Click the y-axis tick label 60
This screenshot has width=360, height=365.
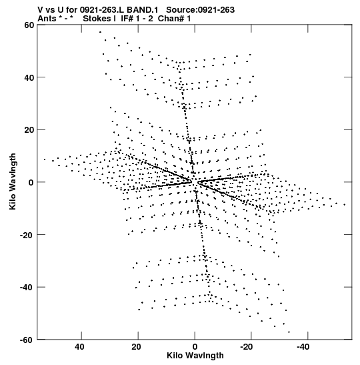[29, 25]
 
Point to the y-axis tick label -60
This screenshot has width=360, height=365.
[27, 340]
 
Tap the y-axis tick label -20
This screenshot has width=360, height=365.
[27, 235]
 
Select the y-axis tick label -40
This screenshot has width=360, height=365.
[27, 287]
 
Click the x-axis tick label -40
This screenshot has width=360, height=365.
[303, 347]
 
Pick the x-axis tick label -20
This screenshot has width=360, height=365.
[246, 347]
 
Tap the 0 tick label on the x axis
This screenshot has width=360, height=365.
[195, 347]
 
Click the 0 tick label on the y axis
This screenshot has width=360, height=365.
[31, 182]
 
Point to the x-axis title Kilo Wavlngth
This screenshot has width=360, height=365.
[195, 356]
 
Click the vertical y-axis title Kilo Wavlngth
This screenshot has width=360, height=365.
[13, 181]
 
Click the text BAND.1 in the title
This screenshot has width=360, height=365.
[143, 10]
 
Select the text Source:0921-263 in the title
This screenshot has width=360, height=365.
[200, 10]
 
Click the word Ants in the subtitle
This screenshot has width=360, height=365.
[47, 19]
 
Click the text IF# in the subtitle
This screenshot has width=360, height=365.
[127, 19]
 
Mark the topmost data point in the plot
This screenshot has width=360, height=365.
[100, 32]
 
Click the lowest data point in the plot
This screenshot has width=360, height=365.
[289, 332]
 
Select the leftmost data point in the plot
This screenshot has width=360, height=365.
[45, 159]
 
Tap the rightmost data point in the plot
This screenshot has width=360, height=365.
[345, 205]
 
